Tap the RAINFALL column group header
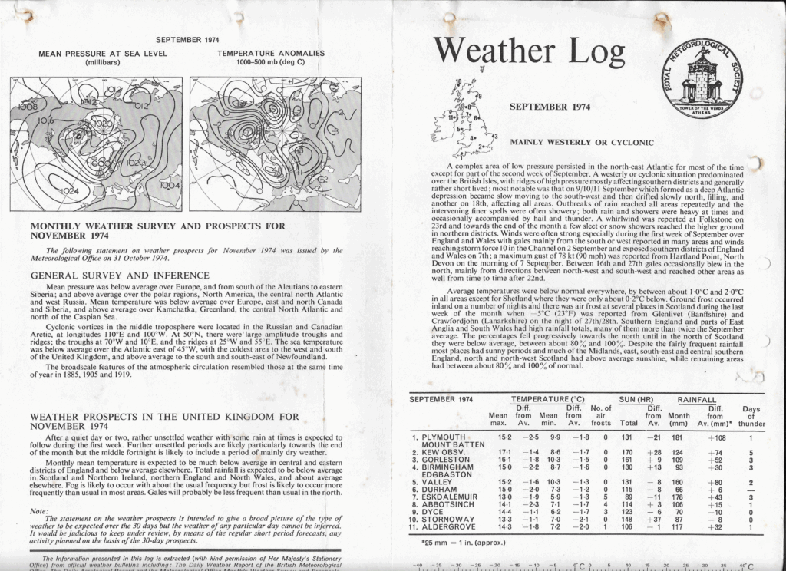point(697,400)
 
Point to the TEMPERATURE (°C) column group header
point(548,400)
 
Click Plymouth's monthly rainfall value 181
point(679,437)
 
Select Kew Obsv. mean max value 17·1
point(498,453)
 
